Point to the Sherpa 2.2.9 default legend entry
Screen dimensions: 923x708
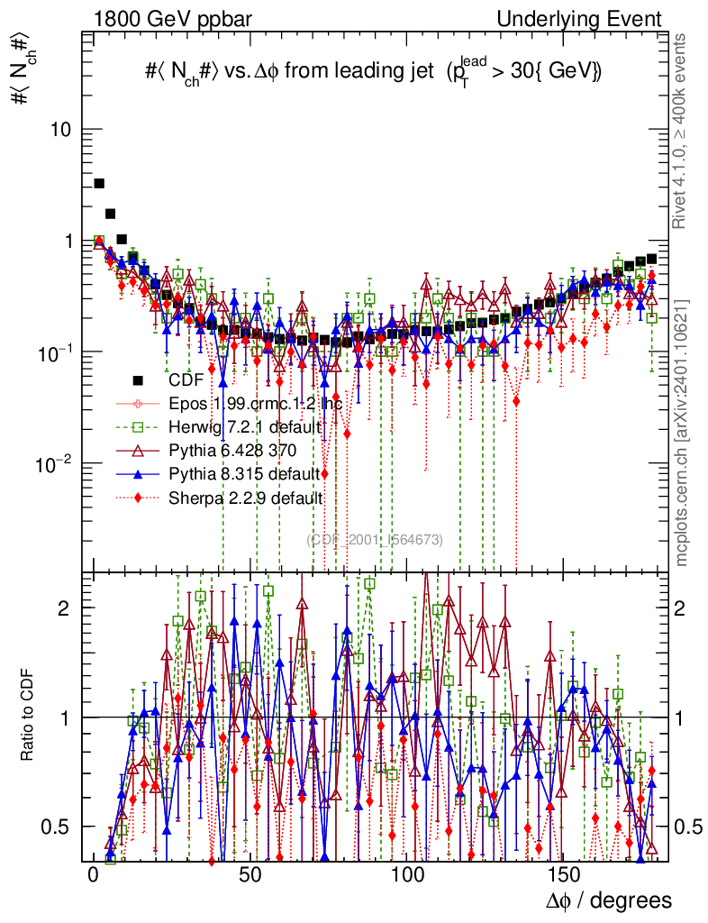246,497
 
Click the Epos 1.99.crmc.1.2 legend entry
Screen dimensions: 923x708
255,403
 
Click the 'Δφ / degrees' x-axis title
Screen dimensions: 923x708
609,900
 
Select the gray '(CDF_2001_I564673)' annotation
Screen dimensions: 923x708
374,540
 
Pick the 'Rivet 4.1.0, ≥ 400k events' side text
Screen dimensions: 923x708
682,132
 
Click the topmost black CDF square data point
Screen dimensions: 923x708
99,184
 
